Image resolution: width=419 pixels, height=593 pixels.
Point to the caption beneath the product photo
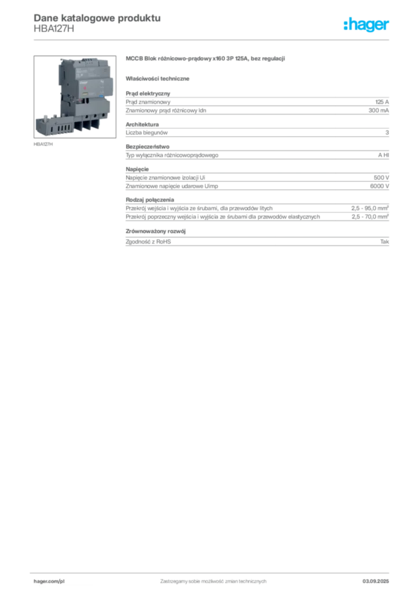tap(43, 145)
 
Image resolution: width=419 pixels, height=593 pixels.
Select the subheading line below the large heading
tap(159, 78)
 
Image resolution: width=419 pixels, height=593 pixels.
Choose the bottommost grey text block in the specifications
tap(257, 240)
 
